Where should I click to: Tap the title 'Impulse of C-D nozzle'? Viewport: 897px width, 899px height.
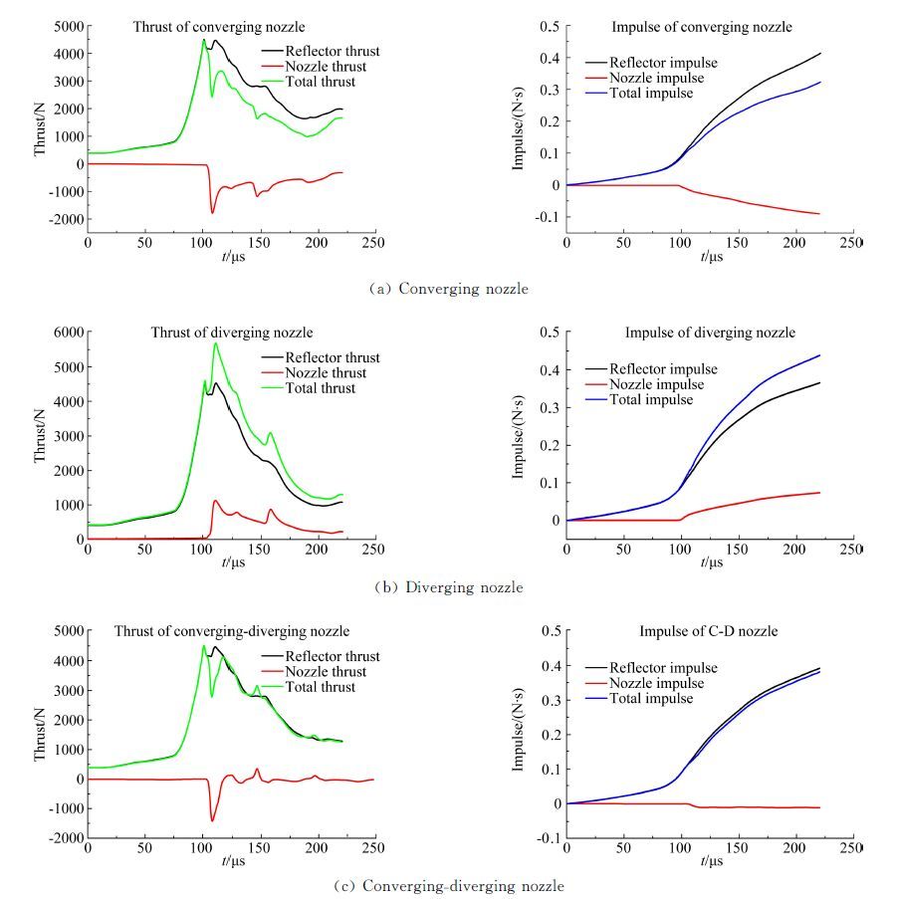tap(710, 631)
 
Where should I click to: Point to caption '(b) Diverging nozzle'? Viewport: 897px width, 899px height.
tap(448, 587)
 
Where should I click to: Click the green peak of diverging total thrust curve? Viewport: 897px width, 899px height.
tap(215, 343)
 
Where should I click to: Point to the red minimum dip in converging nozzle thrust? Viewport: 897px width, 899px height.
tap(212, 212)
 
